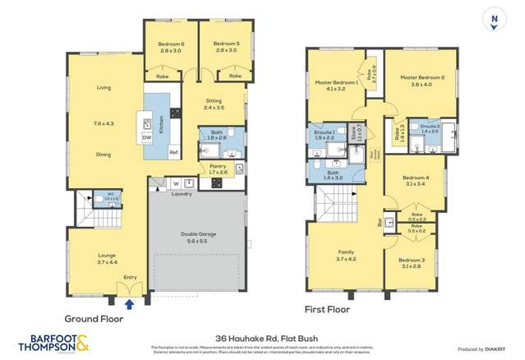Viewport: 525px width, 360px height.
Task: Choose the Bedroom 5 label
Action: click(225, 44)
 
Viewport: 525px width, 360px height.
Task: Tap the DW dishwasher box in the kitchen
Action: click(146, 138)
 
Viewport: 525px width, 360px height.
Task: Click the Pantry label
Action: click(217, 166)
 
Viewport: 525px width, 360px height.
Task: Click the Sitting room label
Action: click(214, 104)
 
